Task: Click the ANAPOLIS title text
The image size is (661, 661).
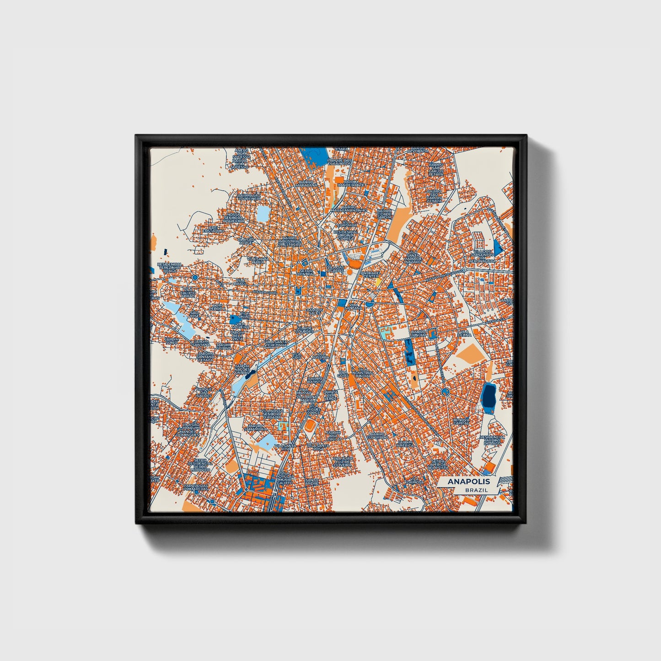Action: tap(468, 482)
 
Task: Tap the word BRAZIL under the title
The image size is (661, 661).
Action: tap(476, 490)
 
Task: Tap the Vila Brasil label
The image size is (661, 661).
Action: tap(240, 283)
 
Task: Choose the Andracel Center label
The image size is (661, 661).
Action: tap(370, 275)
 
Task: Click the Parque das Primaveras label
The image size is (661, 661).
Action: tap(196, 487)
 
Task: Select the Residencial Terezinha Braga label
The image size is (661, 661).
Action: tap(170, 267)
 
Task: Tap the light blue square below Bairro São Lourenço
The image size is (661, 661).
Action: tap(263, 213)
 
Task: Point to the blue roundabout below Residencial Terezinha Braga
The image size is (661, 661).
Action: tap(195, 278)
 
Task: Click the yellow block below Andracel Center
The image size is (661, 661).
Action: tap(378, 283)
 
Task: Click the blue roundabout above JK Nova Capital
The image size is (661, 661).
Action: tap(445, 391)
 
